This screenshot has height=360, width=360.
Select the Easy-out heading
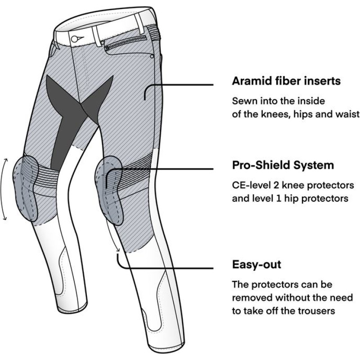coord(256,264)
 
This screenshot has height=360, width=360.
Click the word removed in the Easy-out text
coord(254,297)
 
